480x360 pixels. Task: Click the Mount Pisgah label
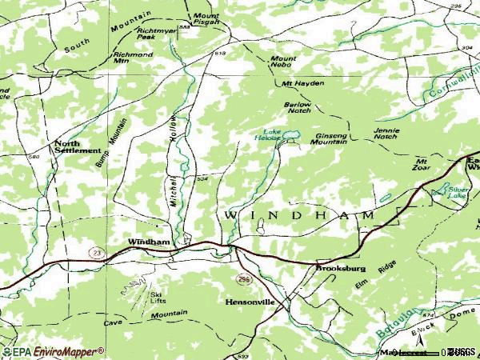[x=206, y=21]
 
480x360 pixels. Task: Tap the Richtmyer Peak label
[x=156, y=34]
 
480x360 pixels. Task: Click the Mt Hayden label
[x=293, y=83]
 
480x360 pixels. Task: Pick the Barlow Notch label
[x=297, y=108]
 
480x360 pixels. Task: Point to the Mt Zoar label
[x=421, y=165]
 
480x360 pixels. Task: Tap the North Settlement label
[x=78, y=146]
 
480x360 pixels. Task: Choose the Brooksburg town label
[x=340, y=269]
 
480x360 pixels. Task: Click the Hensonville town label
[x=250, y=302]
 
